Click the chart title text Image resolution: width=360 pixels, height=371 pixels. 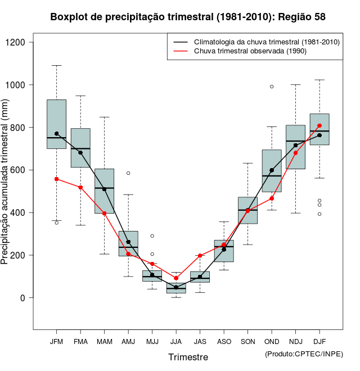click(x=188, y=17)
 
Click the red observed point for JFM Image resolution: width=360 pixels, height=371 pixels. click(x=56, y=179)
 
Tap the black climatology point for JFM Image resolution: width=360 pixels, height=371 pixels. click(x=56, y=134)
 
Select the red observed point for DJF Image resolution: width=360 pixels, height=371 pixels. click(x=319, y=125)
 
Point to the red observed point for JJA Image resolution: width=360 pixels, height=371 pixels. click(x=176, y=278)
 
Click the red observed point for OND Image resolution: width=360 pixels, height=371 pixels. click(x=272, y=198)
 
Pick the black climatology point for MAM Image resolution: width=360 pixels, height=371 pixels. click(x=104, y=189)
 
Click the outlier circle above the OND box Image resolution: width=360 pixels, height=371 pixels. click(x=272, y=87)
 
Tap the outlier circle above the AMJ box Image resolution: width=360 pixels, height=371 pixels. click(x=128, y=173)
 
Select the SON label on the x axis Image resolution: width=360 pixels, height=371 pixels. click(x=247, y=341)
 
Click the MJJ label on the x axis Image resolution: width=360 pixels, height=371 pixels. click(x=152, y=341)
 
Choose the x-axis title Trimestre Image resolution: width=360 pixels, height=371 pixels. click(x=188, y=357)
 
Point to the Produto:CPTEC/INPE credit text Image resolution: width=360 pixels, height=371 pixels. click(x=304, y=354)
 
